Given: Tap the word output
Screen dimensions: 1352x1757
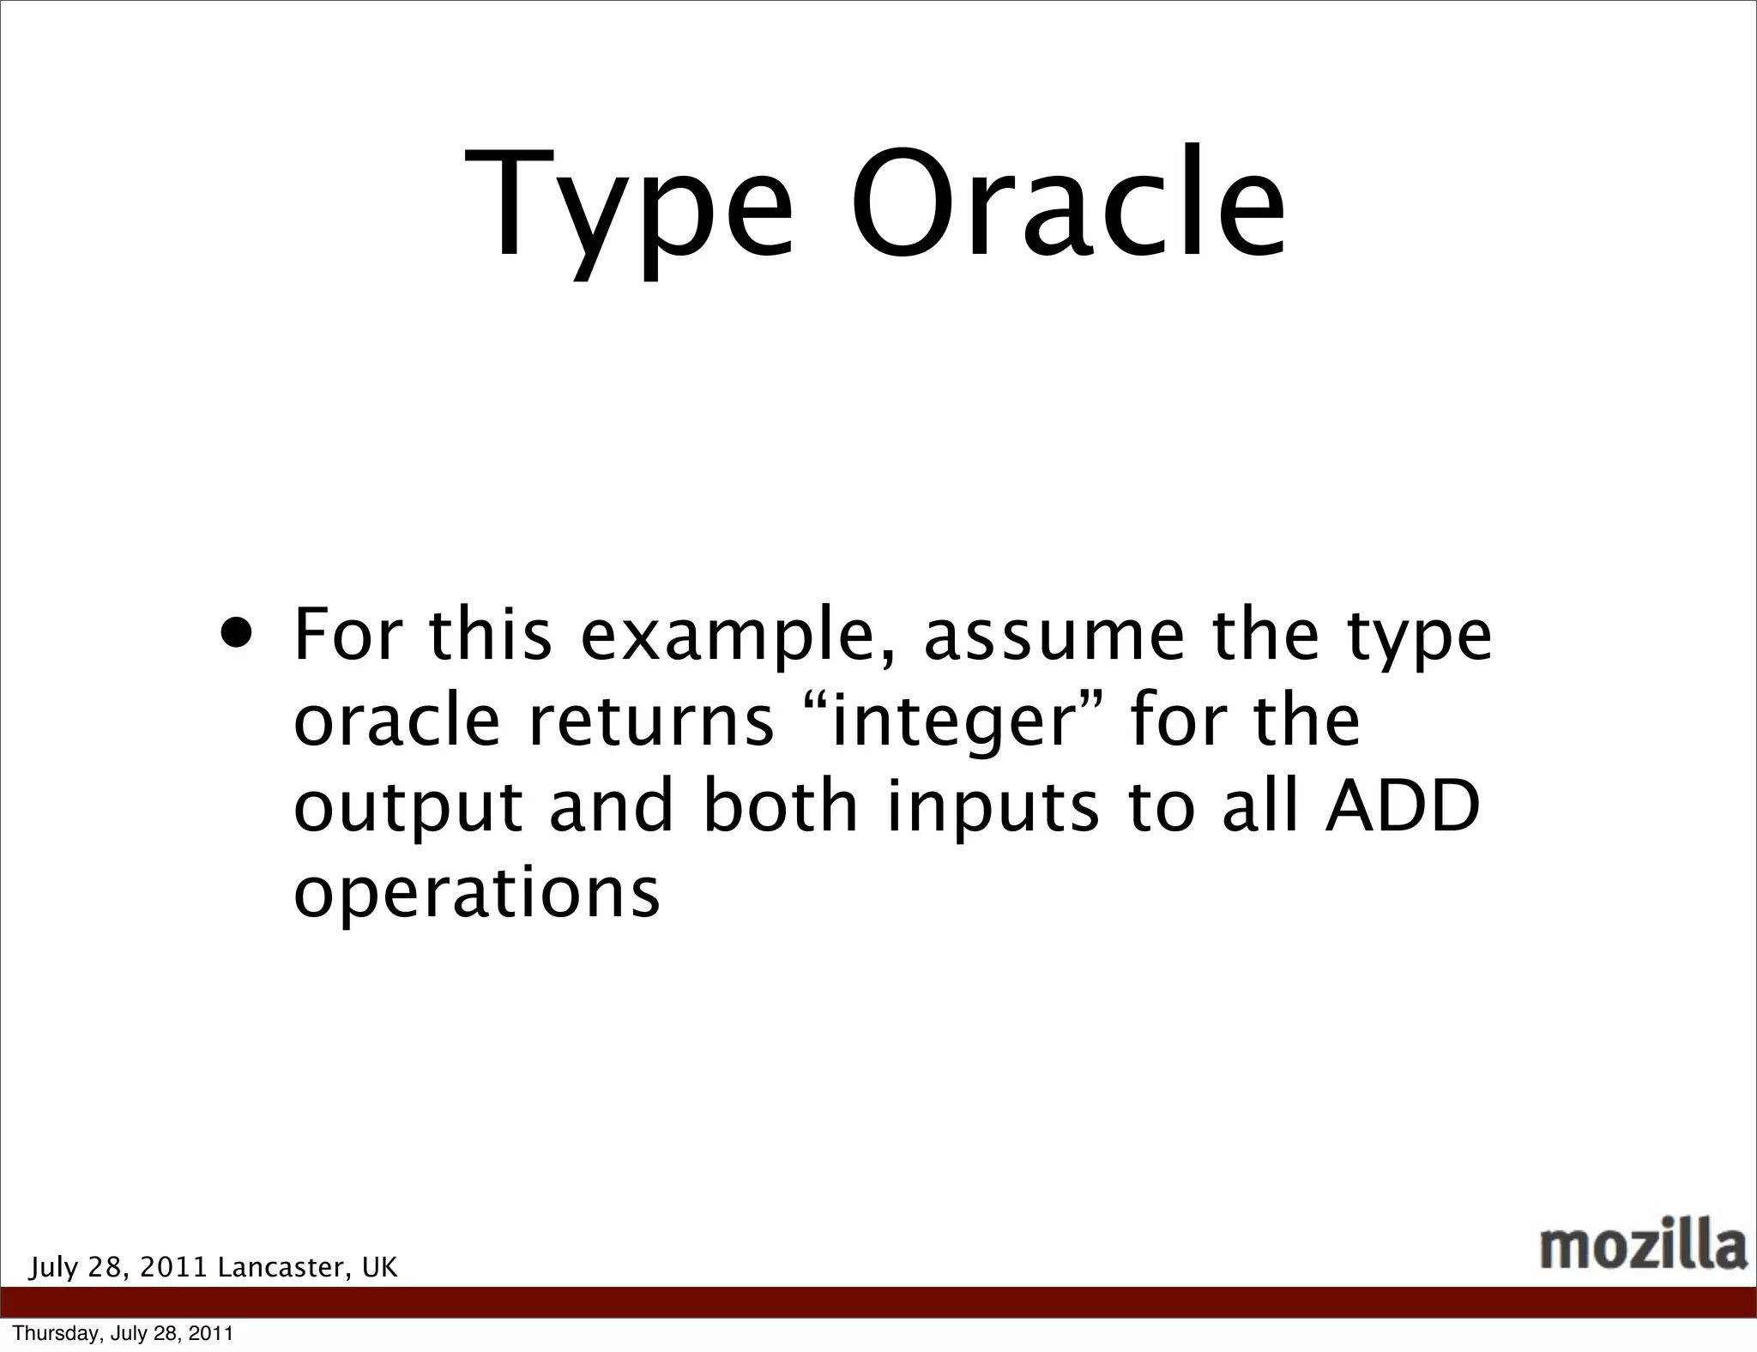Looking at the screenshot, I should pos(408,808).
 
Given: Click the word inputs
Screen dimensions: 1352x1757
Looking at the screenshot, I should pos(992,808).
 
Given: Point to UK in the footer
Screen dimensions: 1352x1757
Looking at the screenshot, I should pos(379,1267).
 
